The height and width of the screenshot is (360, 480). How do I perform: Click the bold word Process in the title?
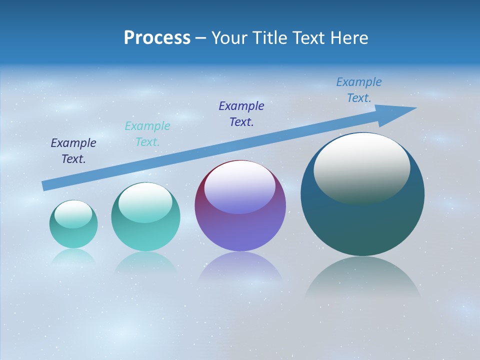(x=157, y=38)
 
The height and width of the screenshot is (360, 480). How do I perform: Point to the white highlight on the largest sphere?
(x=362, y=167)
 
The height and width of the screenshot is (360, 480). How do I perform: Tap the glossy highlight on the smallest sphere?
(x=73, y=214)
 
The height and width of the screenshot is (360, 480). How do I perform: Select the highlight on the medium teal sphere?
(x=145, y=202)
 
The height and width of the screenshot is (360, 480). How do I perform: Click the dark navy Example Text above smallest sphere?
(x=73, y=151)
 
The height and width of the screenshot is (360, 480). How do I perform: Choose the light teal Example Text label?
(x=147, y=134)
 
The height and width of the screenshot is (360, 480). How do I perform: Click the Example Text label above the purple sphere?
(x=241, y=113)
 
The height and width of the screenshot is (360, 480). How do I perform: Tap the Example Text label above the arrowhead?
(x=359, y=90)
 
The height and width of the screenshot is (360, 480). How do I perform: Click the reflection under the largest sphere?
(x=362, y=277)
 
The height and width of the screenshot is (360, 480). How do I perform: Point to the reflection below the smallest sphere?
(x=73, y=256)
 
